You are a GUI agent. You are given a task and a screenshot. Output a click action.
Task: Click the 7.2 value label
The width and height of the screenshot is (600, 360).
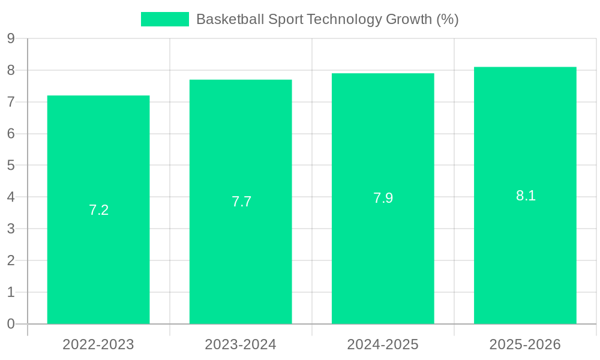98,210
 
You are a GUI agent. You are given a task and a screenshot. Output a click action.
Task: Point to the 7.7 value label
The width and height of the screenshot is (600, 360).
241,202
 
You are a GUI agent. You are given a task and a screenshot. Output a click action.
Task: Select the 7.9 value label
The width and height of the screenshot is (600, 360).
383,198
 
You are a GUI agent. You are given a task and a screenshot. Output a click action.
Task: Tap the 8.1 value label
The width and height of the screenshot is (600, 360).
526,196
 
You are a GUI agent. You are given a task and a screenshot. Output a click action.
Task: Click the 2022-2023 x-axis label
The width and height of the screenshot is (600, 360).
98,344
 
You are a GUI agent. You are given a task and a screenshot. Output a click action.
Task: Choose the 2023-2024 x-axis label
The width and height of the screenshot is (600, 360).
241,344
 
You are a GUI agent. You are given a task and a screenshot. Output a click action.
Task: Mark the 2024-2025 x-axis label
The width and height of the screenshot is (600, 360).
383,344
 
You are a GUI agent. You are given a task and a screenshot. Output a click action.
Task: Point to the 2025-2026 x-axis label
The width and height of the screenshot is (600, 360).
525,344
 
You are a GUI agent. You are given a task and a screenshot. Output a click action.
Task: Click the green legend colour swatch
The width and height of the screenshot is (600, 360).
164,19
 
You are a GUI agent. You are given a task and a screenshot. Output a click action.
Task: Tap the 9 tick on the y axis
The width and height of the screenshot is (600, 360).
11,39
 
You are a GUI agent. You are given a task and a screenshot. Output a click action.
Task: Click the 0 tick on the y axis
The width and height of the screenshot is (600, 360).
11,324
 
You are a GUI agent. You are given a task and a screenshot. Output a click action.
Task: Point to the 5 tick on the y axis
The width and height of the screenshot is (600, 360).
11,166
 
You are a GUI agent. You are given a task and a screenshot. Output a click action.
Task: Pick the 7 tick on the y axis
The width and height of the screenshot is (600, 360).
11,103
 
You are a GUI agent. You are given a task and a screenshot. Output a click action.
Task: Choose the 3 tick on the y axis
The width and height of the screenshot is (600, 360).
11,229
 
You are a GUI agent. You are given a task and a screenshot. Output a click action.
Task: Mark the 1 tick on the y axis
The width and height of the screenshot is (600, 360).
11,292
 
